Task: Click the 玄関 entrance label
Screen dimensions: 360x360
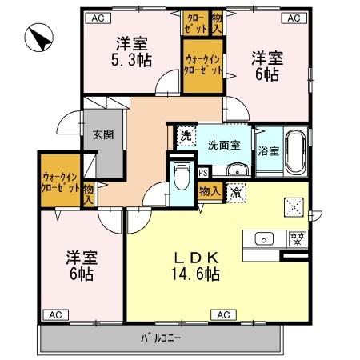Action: click(102, 134)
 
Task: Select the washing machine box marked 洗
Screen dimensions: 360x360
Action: click(185, 137)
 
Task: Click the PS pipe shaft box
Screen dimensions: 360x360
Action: click(203, 172)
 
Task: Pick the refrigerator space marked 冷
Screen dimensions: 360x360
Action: click(236, 192)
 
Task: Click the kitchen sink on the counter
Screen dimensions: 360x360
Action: click(264, 238)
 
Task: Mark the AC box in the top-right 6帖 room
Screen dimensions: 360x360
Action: click(293, 16)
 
